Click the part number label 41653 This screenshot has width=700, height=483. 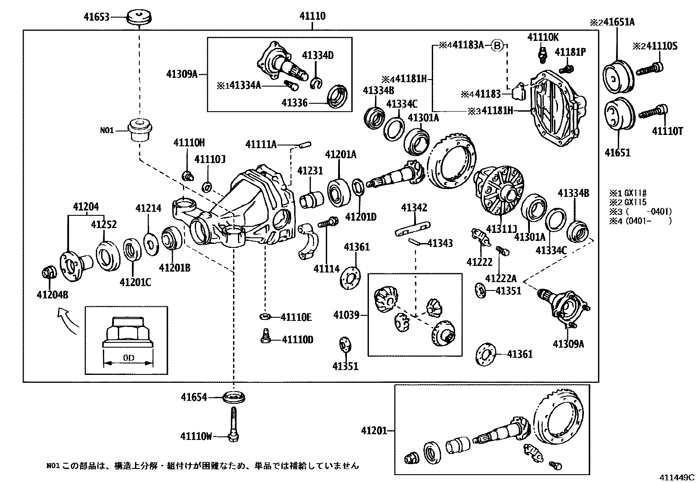tap(97, 18)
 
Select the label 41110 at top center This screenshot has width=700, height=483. tap(313, 16)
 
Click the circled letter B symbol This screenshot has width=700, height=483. tap(496, 45)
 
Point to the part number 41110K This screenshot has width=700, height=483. tap(543, 37)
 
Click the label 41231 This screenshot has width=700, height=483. tap(310, 171)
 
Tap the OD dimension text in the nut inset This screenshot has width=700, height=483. tap(128, 358)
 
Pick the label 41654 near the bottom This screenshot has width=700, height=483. tap(193, 397)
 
